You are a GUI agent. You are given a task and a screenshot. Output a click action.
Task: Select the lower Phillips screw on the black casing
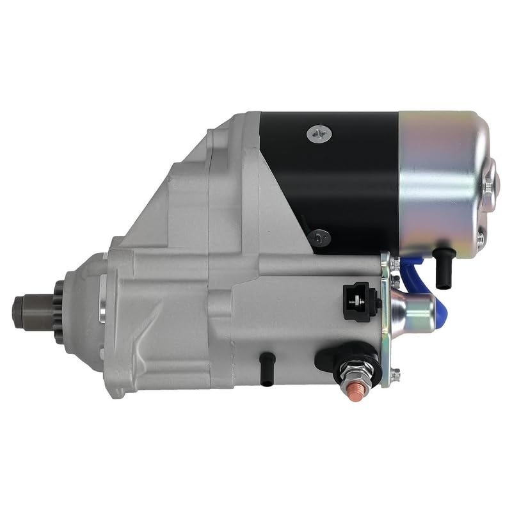pos(319,238)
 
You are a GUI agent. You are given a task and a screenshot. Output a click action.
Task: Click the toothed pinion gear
pos(60,312)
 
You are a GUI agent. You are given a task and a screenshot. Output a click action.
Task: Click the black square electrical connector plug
pos(356,301)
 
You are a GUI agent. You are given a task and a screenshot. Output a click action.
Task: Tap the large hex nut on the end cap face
pos(490,186)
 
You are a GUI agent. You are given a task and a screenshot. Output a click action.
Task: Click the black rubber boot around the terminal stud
pos(346,355)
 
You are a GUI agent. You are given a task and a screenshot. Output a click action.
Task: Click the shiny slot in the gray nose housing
pos(102,299)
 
